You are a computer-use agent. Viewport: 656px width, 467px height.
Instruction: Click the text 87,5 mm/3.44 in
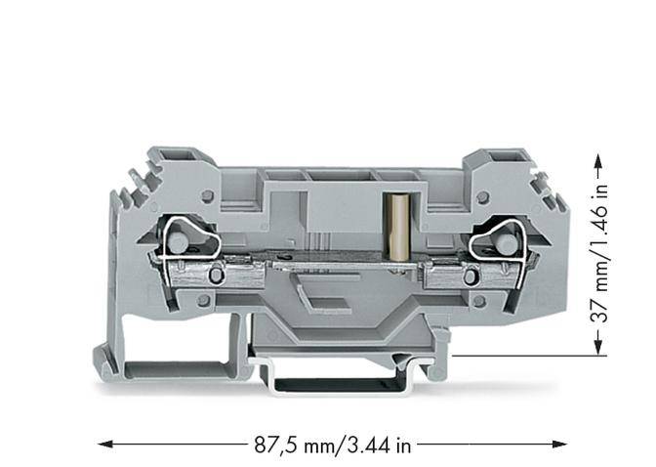[x=332, y=445]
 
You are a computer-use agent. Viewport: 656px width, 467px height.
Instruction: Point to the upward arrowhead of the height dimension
[x=596, y=154]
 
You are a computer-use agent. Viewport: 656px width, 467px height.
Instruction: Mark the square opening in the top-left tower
[x=182, y=155]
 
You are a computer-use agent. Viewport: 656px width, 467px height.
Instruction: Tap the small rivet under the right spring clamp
[x=472, y=277]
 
